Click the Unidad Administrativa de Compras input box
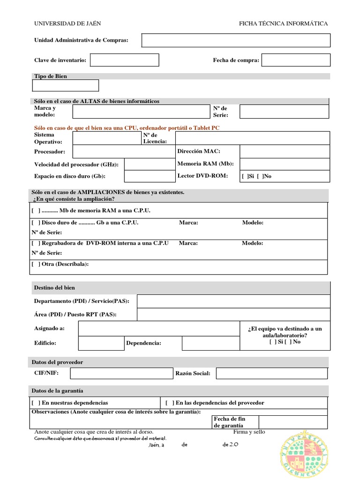pos(236,40)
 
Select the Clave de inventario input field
pos(124,60)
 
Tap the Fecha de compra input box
pos(296,60)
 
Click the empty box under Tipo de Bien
pos(66,85)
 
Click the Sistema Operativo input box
pos(106,138)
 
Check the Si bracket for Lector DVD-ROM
pos(245,176)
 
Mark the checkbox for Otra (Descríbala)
pos(36,264)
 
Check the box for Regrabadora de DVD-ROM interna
pos(36,243)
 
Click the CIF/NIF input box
pos(121,373)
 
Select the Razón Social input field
pos(271,373)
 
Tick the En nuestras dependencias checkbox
pos(36,403)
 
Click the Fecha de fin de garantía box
pos(293,422)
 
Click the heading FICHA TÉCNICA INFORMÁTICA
pos(283,23)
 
